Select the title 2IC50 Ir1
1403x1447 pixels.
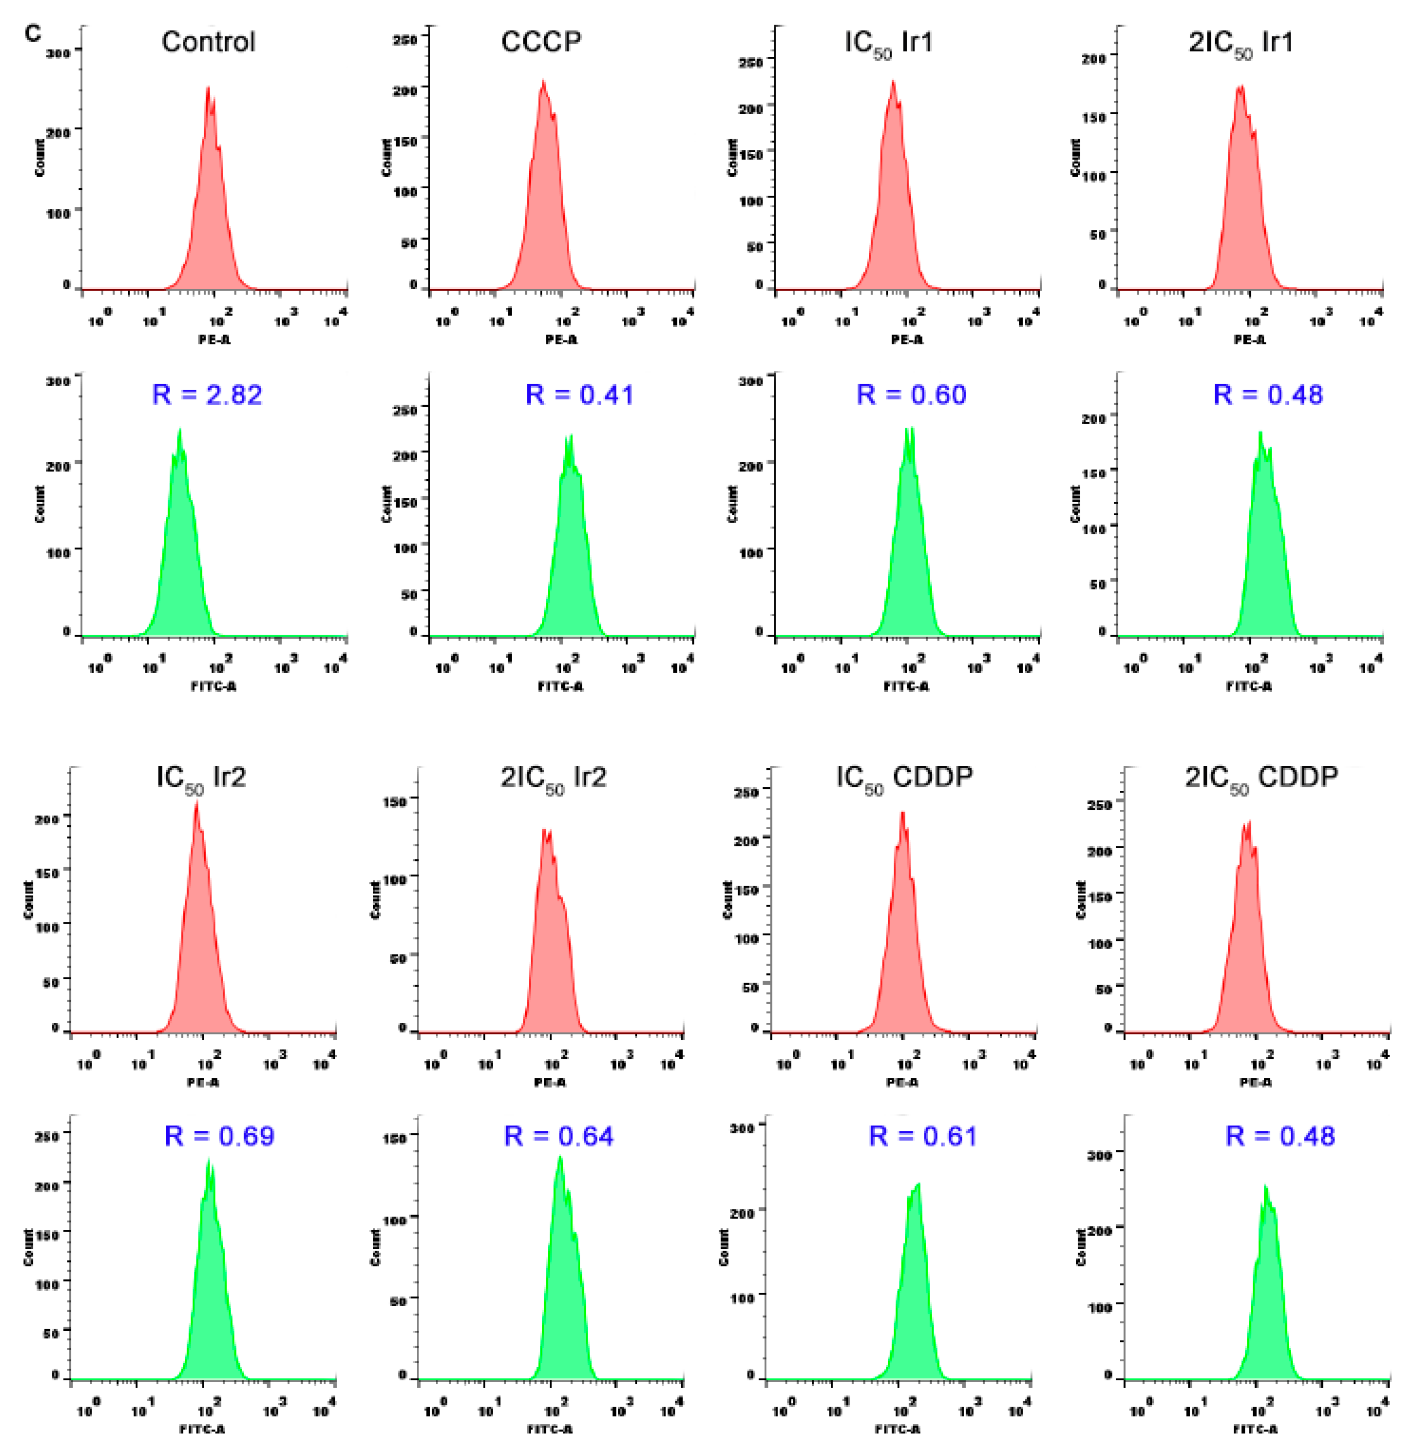pyautogui.click(x=1241, y=43)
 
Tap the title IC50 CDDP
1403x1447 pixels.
pyautogui.click(x=904, y=777)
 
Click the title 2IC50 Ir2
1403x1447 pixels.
pyautogui.click(x=553, y=777)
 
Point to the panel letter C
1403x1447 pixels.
pyautogui.click(x=32, y=33)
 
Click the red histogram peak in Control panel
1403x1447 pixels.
pyautogui.click(x=208, y=88)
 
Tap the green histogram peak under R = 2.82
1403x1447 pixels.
pyautogui.click(x=179, y=430)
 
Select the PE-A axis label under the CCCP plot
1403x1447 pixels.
pyautogui.click(x=561, y=339)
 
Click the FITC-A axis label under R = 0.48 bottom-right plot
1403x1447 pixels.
pyautogui.click(x=1256, y=1428)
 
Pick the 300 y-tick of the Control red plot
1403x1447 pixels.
pyautogui.click(x=58, y=52)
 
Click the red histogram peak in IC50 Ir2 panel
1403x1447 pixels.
pyautogui.click(x=196, y=803)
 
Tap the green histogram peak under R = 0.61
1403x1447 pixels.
pyautogui.click(x=917, y=1186)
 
